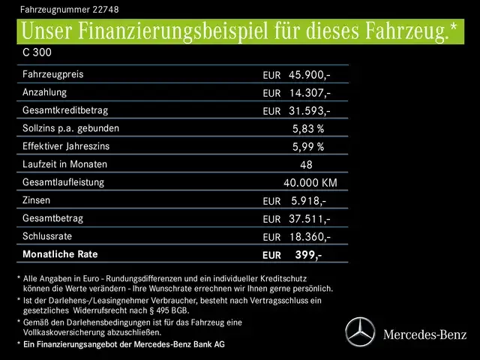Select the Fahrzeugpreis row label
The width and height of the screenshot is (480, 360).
52,75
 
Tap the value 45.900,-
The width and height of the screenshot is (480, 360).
309,76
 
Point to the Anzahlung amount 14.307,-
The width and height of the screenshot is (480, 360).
309,93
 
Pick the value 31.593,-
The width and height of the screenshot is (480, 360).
309,111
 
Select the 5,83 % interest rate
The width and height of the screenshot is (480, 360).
307,129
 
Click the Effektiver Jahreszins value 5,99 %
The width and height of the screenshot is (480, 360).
307,147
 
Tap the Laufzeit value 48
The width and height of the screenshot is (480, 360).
305,165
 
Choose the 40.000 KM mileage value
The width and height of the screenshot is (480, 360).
310,183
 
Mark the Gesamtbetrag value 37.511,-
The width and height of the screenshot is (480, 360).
309,219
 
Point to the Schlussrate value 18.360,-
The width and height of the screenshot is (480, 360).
309,237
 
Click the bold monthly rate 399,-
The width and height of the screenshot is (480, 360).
308,255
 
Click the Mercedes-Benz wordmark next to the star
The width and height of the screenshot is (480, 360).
424,334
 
